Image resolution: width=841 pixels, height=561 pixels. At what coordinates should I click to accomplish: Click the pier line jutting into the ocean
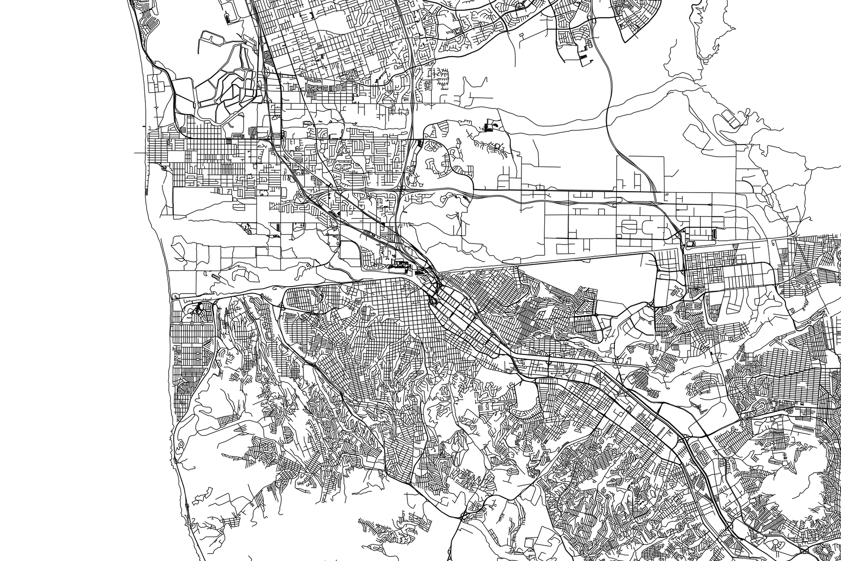tap(139, 152)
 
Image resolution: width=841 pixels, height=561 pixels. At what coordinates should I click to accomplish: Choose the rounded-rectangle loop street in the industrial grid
tap(631, 228)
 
